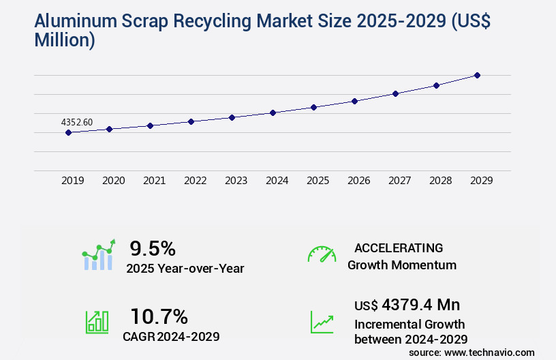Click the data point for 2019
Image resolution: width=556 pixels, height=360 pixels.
pos(68,132)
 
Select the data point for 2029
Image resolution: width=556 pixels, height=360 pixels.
pos(477,75)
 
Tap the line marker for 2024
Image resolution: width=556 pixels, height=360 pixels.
pos(273,112)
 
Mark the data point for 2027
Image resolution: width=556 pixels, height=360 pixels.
pos(395,93)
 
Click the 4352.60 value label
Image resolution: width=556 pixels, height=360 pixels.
pos(77,122)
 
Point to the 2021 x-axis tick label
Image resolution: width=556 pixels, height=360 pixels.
pos(154,181)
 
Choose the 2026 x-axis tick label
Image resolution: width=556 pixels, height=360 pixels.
pos(358,181)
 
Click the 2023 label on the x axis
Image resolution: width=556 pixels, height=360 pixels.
pos(236,181)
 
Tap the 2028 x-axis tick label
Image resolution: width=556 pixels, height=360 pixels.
pos(440,181)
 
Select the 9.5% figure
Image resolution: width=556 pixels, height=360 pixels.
pos(153,247)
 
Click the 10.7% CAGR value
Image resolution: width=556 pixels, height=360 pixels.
pos(159,316)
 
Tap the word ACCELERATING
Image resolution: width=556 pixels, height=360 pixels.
pos(399,247)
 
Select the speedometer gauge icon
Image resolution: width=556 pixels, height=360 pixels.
pos(322,254)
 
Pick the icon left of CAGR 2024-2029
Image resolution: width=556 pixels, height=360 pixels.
pos(97,322)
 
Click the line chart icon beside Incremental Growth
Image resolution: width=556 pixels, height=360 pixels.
pos(322,322)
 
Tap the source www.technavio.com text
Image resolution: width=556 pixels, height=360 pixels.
pos(472,352)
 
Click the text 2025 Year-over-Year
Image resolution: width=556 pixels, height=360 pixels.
pos(185,268)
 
